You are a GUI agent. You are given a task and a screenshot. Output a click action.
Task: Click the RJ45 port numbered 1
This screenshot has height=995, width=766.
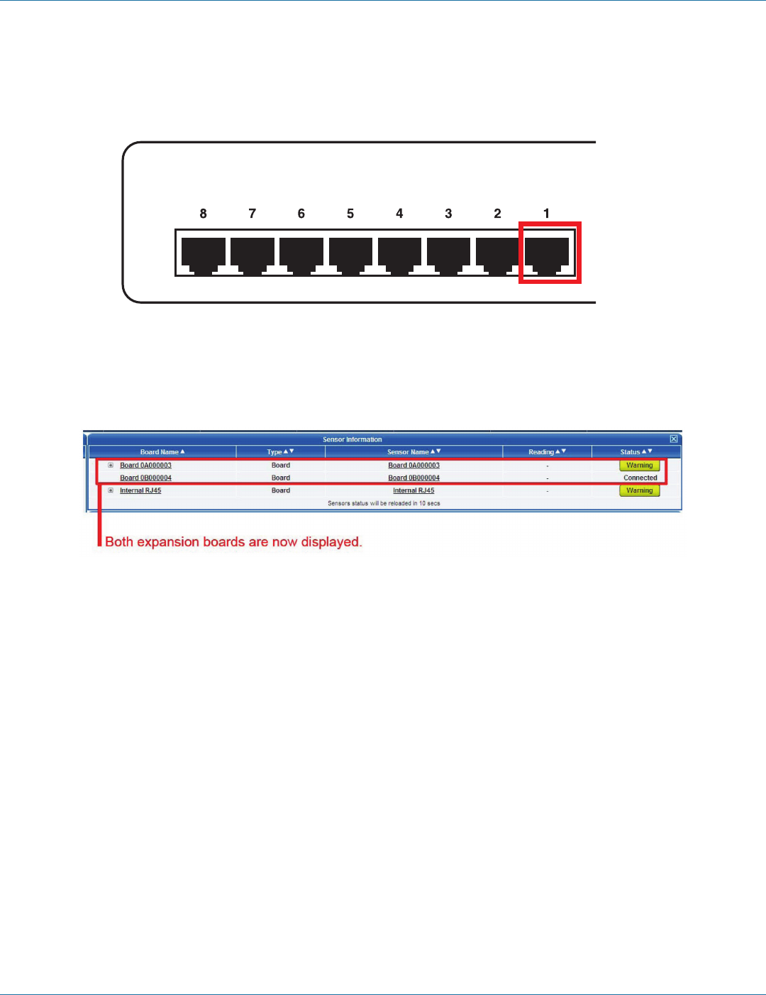point(547,254)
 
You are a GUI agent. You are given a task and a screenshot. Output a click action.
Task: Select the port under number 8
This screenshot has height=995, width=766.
point(204,254)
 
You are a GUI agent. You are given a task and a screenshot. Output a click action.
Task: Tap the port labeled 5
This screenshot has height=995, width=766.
point(350,254)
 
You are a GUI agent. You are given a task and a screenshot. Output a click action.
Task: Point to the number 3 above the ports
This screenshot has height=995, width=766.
point(448,214)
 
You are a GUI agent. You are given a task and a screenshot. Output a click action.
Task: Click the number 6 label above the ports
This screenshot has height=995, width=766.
point(301,214)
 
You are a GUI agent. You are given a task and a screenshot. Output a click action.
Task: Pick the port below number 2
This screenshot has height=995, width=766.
point(497,254)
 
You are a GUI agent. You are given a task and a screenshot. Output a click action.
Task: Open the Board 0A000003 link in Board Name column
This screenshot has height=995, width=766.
point(145,466)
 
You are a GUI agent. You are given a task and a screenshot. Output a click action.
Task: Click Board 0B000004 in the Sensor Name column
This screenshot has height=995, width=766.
point(413,478)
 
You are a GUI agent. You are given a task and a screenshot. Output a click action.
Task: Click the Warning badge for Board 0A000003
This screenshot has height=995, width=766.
point(639,466)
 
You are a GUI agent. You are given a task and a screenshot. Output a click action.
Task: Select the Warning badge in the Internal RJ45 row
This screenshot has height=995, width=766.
point(639,490)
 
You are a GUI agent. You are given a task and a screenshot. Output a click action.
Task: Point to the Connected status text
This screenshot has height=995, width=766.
point(640,478)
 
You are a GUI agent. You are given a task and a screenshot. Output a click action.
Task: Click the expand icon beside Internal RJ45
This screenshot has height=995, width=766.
point(111,490)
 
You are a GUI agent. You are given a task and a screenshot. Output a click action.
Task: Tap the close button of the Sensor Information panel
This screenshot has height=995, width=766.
point(674,439)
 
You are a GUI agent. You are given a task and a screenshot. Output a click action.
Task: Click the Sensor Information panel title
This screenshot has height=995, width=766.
point(352,440)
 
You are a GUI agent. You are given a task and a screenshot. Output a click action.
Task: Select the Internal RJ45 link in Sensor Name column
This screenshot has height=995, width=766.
point(413,490)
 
